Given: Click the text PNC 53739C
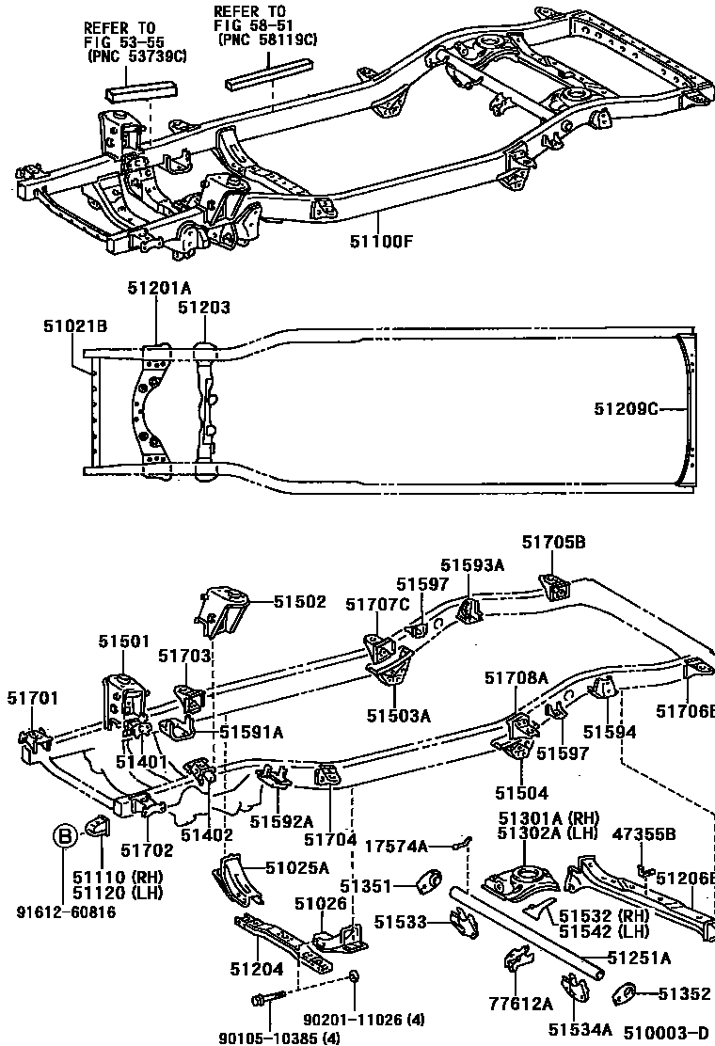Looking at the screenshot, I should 136,57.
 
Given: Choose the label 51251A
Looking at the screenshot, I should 639,959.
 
